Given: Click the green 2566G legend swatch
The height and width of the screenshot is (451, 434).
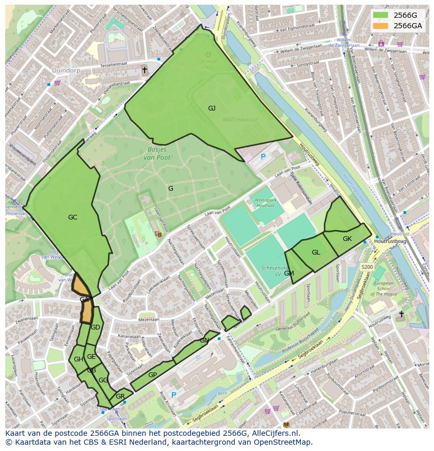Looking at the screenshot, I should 381,15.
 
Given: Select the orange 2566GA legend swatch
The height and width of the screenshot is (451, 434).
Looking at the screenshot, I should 381,26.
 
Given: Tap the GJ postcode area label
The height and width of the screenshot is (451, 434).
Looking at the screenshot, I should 211,108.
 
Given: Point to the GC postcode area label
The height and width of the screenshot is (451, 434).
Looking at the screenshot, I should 72,217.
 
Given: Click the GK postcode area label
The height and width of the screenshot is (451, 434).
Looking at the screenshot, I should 347,239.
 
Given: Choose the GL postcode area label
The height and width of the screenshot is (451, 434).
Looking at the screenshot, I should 316,252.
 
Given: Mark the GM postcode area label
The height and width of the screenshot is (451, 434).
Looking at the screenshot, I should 289,273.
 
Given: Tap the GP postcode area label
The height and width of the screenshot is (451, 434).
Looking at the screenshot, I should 153,375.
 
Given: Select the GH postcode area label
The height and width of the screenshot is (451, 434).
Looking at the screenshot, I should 79,359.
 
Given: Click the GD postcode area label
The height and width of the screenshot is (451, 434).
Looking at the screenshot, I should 95,327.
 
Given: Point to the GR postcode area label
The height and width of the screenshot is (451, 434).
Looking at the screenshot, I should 120,397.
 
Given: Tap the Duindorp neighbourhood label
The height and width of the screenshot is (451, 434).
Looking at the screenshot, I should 66,70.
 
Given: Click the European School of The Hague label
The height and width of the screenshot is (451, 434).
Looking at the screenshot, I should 387,289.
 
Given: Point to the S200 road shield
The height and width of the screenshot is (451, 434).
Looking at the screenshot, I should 367,267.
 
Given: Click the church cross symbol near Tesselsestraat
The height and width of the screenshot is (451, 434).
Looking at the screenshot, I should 145,70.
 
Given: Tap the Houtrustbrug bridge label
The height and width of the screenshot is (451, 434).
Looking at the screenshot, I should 390,241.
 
